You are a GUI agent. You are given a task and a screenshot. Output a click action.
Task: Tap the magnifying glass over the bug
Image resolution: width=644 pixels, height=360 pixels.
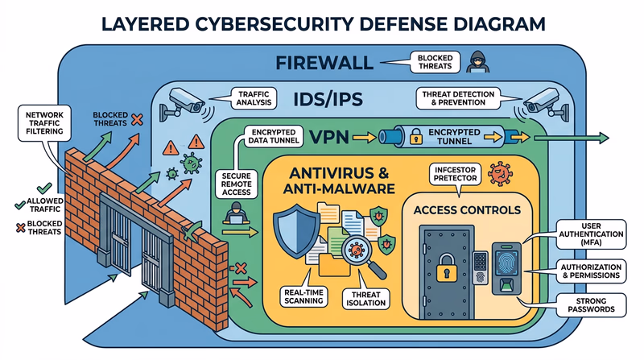[353, 250]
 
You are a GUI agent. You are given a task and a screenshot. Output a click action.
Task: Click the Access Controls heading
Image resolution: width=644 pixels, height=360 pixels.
[467, 211]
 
